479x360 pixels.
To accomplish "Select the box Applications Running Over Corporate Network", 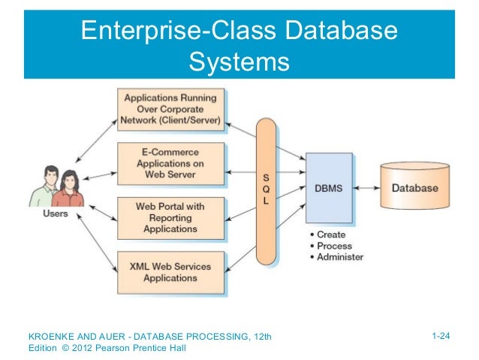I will point(172,109).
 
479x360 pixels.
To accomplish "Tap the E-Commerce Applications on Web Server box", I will point(172,162).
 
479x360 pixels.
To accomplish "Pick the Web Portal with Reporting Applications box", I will point(172,217).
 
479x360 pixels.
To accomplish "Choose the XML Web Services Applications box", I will point(172,271).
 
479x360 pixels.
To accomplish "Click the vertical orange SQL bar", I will point(267,188).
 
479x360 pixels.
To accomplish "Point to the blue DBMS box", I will point(328,188).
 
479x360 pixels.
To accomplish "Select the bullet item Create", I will point(331,234).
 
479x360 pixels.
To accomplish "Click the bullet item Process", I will point(333,245).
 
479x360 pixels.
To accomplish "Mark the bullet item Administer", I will point(339,256).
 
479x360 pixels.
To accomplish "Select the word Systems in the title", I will point(239,60).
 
